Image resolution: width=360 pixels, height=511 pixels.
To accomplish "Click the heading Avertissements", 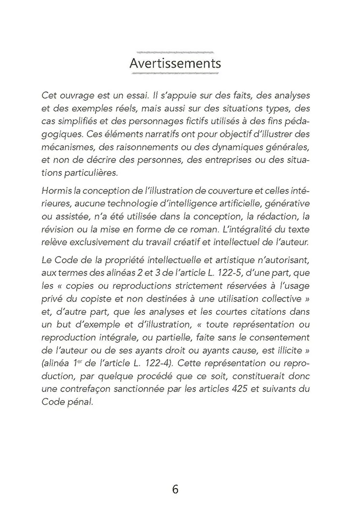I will pos(175,64).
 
